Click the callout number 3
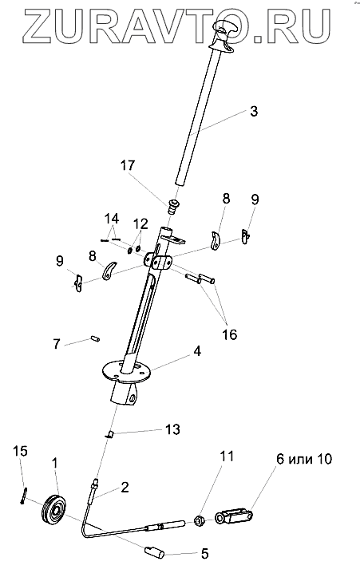tap(254, 111)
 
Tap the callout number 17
tap(128, 165)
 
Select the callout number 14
tap(112, 219)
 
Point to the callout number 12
tap(140, 223)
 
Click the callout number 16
tap(230, 335)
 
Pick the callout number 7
tap(57, 344)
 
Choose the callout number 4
tap(197, 351)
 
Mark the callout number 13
tap(172, 429)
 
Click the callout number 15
tap(21, 451)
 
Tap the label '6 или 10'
tap(304, 459)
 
